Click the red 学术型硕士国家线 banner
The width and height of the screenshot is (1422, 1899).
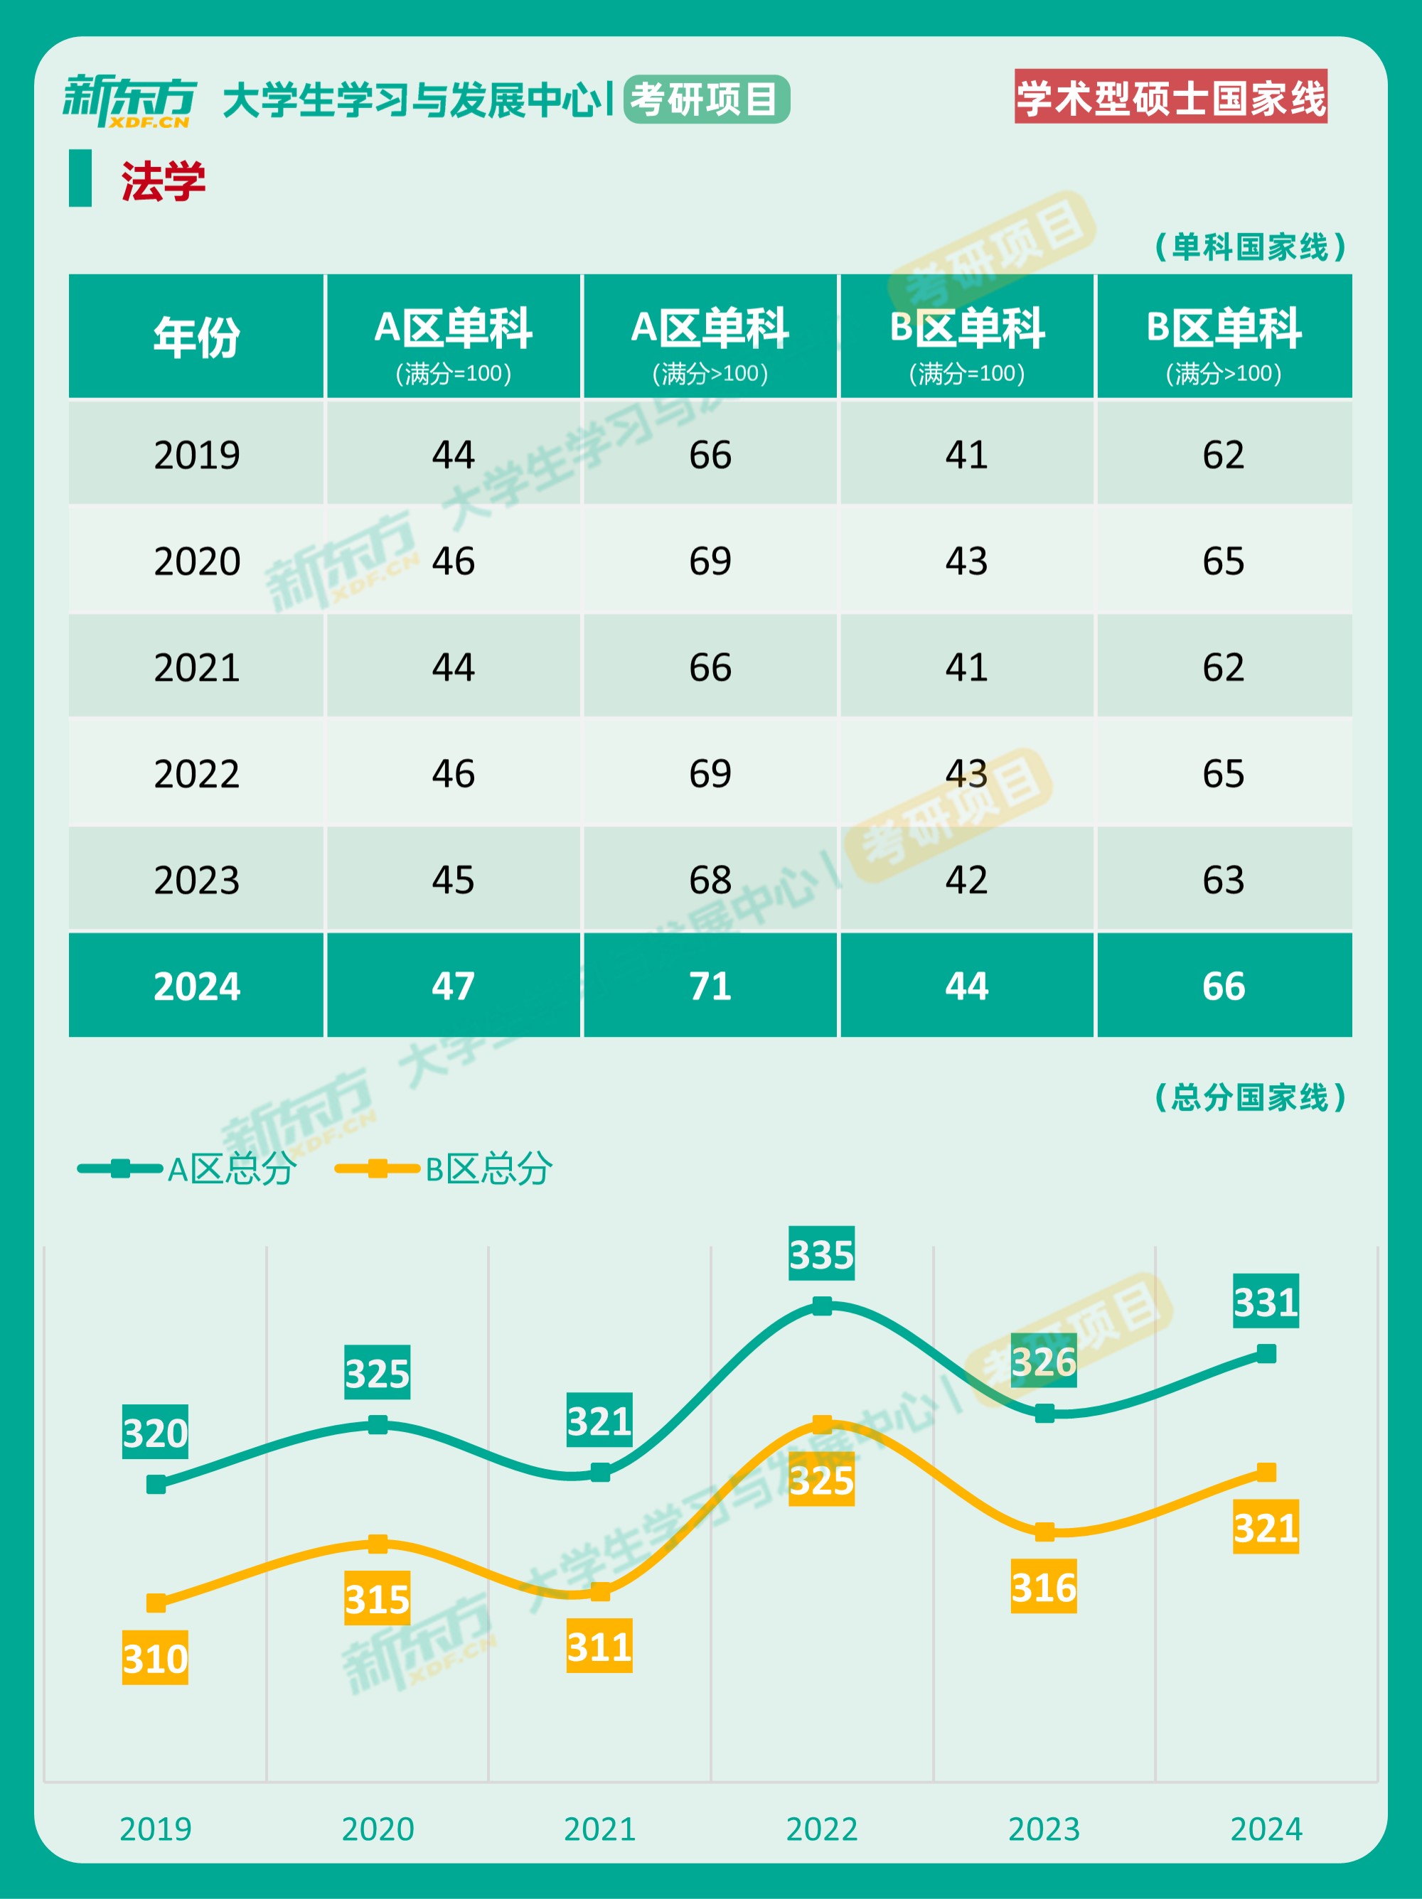(x=1170, y=97)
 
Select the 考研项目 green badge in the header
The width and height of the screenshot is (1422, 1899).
(x=706, y=99)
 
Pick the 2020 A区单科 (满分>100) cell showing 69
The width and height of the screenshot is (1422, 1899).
(x=710, y=561)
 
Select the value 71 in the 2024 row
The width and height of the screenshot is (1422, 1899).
(x=710, y=986)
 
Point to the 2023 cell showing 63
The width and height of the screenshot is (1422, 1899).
(x=1223, y=880)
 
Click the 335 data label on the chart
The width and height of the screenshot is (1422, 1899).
(x=822, y=1254)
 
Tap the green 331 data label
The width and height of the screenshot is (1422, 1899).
(x=1266, y=1301)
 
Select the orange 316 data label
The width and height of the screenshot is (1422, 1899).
(x=1043, y=1586)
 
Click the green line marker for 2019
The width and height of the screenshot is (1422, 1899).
(x=156, y=1485)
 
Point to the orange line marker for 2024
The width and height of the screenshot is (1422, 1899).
(x=1266, y=1473)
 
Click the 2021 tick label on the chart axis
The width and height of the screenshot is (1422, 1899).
(x=599, y=1829)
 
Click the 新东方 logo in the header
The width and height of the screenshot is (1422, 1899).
(x=129, y=100)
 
